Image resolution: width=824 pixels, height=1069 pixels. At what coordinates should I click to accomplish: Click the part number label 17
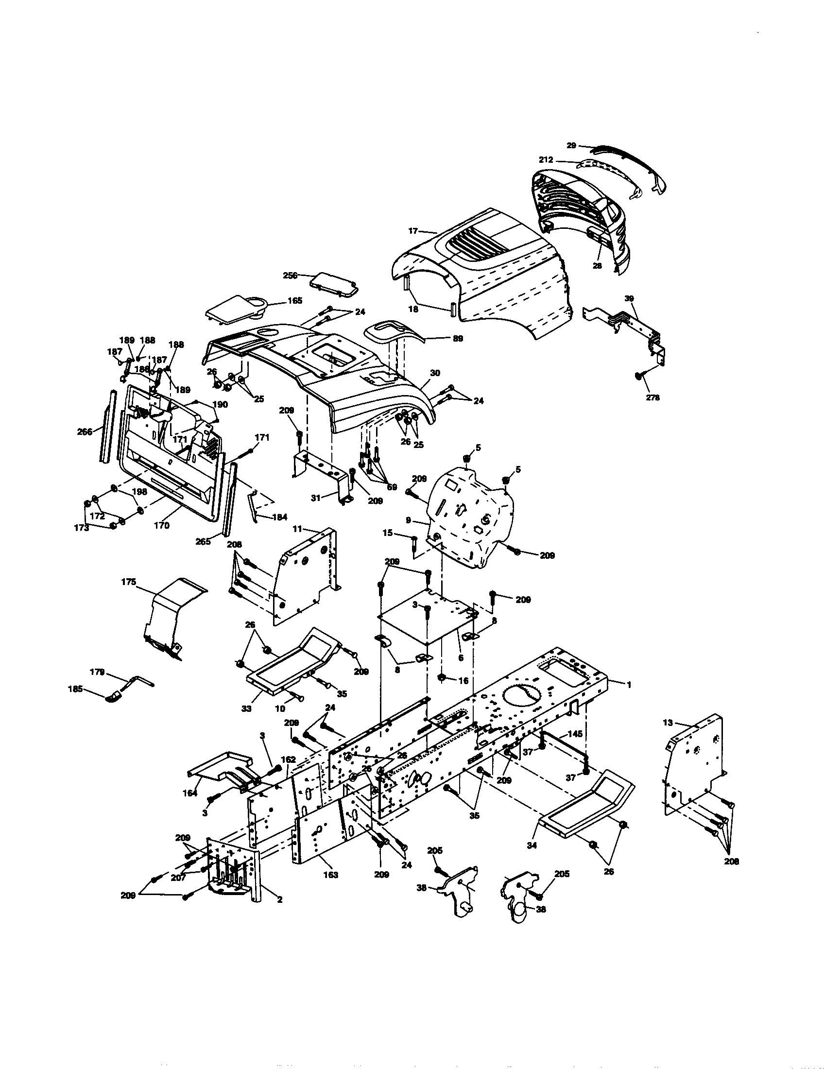413,229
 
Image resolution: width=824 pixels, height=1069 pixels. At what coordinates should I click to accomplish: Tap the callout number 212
546,159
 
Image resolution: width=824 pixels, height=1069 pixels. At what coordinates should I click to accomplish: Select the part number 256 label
291,276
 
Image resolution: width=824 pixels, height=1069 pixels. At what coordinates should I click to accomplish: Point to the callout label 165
294,300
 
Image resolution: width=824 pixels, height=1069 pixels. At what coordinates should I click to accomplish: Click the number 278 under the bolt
652,397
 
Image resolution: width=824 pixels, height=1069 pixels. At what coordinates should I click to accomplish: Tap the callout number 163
331,875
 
